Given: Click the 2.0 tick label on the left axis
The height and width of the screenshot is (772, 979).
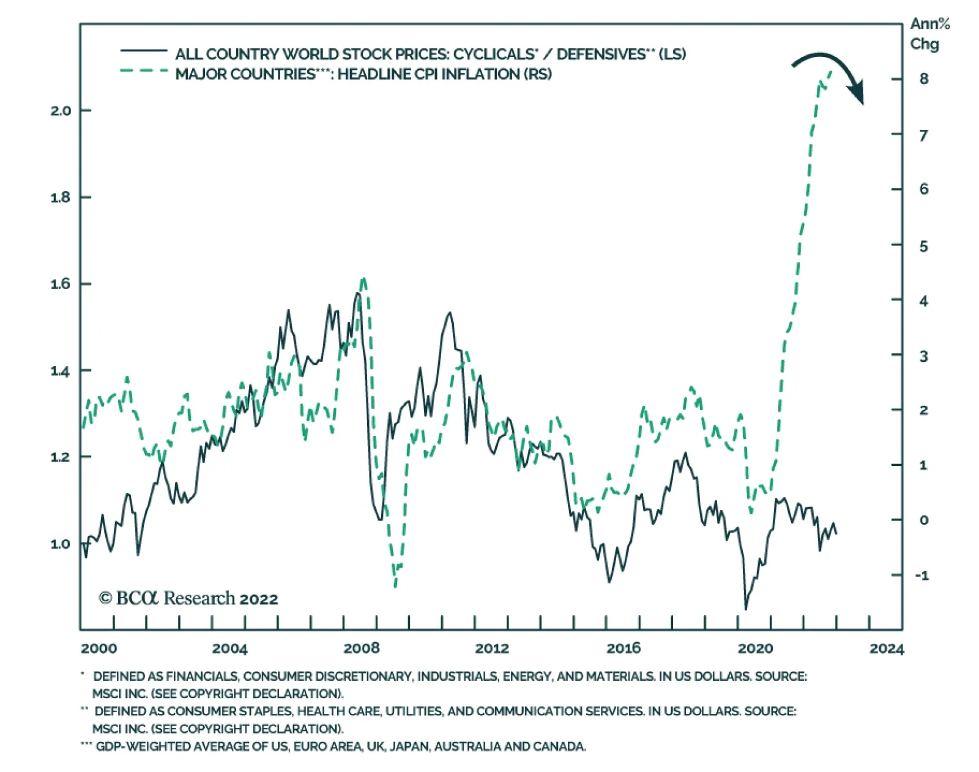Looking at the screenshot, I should (61, 111).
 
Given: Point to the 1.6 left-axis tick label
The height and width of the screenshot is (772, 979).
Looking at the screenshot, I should (61, 284).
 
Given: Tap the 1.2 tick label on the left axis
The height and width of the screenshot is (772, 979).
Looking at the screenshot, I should (61, 457).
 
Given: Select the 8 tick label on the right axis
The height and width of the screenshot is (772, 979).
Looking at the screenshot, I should (923, 79).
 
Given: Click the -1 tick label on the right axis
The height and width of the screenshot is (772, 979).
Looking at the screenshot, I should (921, 575).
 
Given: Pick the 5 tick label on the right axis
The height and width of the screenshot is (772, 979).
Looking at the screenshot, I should (923, 246).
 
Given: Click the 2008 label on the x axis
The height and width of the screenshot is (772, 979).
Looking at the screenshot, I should (361, 648).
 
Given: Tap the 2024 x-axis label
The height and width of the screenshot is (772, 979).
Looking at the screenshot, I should (886, 648).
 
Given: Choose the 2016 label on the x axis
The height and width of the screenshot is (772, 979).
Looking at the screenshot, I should (624, 648).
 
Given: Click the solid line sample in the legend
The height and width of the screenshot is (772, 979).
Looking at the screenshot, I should (144, 51).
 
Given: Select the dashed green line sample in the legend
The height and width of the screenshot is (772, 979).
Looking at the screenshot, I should (144, 71).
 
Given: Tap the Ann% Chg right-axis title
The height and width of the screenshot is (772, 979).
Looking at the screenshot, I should (929, 34).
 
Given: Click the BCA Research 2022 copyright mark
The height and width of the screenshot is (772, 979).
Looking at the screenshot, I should (188, 598).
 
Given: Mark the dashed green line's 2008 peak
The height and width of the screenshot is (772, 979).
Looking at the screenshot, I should (363, 279).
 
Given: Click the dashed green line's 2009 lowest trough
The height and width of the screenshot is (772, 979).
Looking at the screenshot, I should (395, 586).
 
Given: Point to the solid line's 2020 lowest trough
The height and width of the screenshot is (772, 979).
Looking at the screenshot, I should (745, 609).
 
